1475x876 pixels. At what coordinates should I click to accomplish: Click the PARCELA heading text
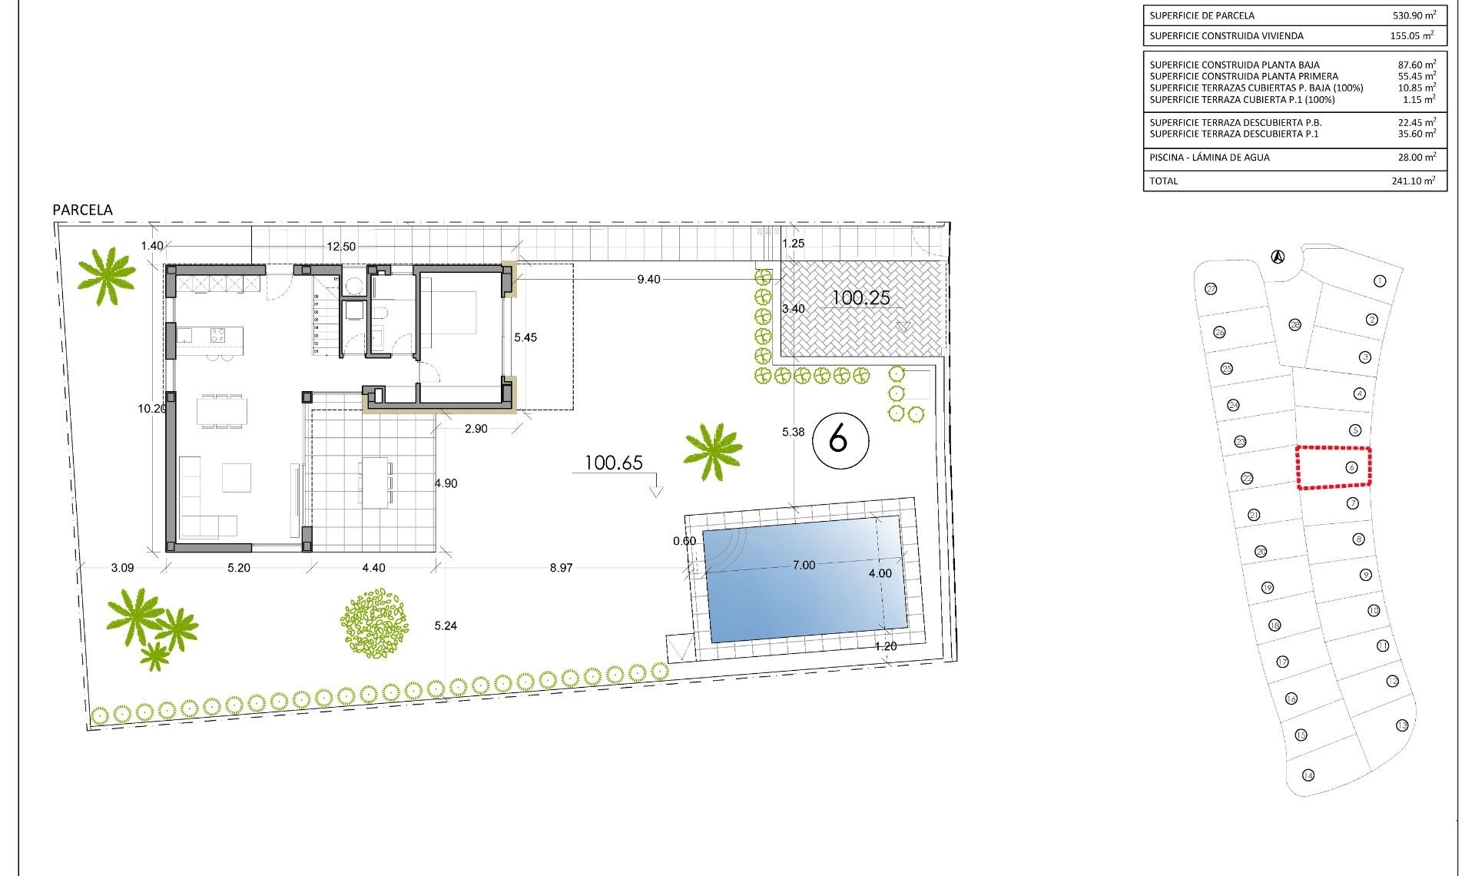pyautogui.click(x=82, y=210)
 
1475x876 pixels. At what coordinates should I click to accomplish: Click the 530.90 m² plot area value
pyautogui.click(x=1414, y=15)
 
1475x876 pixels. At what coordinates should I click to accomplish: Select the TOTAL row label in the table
pyautogui.click(x=1163, y=181)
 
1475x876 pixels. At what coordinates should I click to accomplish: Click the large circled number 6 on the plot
pyautogui.click(x=840, y=440)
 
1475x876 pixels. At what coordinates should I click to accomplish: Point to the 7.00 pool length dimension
pyautogui.click(x=804, y=566)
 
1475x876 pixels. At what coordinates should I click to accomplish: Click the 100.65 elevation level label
pyautogui.click(x=613, y=463)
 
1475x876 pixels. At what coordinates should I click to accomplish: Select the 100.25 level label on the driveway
pyautogui.click(x=860, y=298)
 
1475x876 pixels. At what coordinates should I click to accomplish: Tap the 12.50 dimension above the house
pyautogui.click(x=341, y=247)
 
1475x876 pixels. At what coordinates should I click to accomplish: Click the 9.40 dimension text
pyautogui.click(x=648, y=280)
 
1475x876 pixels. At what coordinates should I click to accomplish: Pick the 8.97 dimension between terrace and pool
pyautogui.click(x=561, y=568)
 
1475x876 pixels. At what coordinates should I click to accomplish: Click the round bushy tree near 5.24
pyautogui.click(x=374, y=623)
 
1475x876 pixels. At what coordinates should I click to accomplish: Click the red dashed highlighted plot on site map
pyautogui.click(x=1334, y=467)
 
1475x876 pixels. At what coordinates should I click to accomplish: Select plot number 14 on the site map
pyautogui.click(x=1308, y=775)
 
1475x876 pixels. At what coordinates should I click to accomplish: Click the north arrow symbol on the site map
pyautogui.click(x=1278, y=257)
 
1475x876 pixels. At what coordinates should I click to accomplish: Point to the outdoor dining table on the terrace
pyautogui.click(x=375, y=482)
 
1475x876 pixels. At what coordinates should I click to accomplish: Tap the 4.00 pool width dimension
pyautogui.click(x=880, y=574)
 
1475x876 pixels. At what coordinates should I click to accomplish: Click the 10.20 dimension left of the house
pyautogui.click(x=151, y=409)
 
